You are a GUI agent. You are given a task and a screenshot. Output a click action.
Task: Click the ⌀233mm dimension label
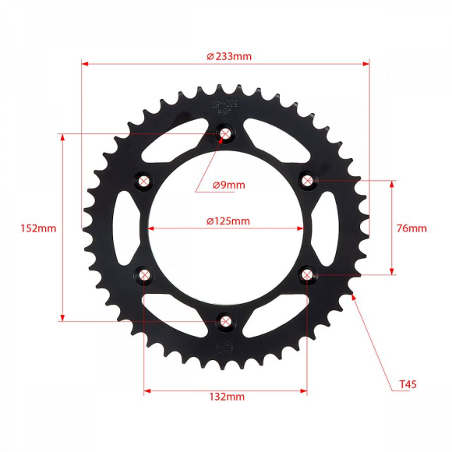[229, 56]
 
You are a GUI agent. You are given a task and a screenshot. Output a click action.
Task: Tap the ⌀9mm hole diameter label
[229, 185]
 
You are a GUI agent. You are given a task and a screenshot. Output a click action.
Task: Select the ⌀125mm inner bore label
[228, 221]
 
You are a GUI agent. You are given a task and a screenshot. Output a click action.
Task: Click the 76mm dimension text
[411, 228]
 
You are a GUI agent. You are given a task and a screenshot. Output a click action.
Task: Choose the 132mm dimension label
[227, 397]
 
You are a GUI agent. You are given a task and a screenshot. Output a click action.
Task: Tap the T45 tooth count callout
[408, 384]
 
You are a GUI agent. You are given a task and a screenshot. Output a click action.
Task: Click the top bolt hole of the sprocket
[225, 135]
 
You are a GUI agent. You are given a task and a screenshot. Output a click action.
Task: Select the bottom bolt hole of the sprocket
[225, 320]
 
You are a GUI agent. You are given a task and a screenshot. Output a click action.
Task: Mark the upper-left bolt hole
[144, 182]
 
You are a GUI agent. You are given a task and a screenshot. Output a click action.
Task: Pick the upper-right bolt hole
[307, 182]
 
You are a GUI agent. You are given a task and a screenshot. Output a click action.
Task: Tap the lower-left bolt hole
[144, 274]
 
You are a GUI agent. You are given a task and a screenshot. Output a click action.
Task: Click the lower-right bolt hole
[307, 274]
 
